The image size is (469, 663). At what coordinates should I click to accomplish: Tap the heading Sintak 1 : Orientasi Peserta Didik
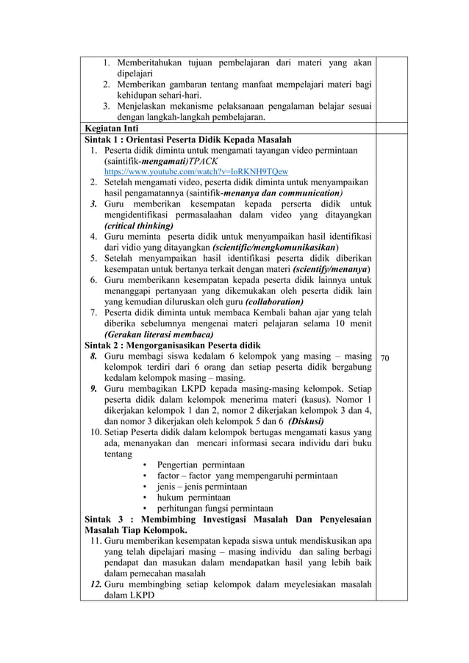(189, 140)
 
